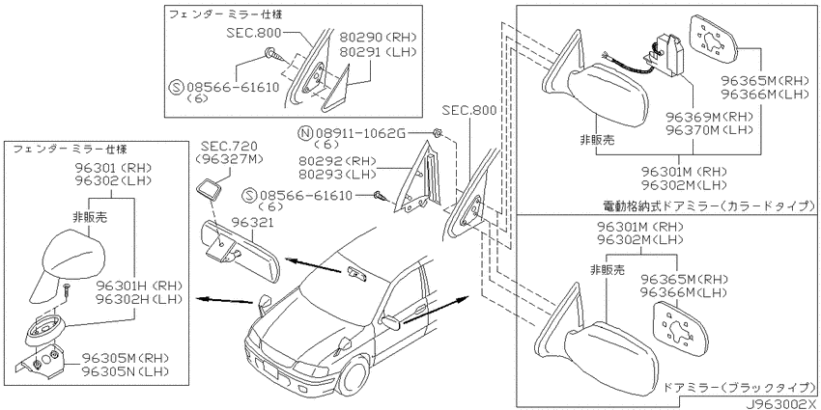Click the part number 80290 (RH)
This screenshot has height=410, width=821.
[377, 37]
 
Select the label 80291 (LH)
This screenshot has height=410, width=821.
[377, 52]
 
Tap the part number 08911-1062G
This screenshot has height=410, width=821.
[361, 133]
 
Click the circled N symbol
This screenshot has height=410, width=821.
[307, 133]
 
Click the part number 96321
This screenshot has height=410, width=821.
[257, 222]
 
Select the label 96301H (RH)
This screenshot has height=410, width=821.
[139, 286]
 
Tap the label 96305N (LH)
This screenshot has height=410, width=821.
[127, 371]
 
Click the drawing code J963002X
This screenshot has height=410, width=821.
[782, 405]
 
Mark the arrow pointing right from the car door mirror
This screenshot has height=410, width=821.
[436, 310]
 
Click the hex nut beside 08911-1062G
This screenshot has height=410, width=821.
[439, 134]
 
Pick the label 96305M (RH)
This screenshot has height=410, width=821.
[127, 358]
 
